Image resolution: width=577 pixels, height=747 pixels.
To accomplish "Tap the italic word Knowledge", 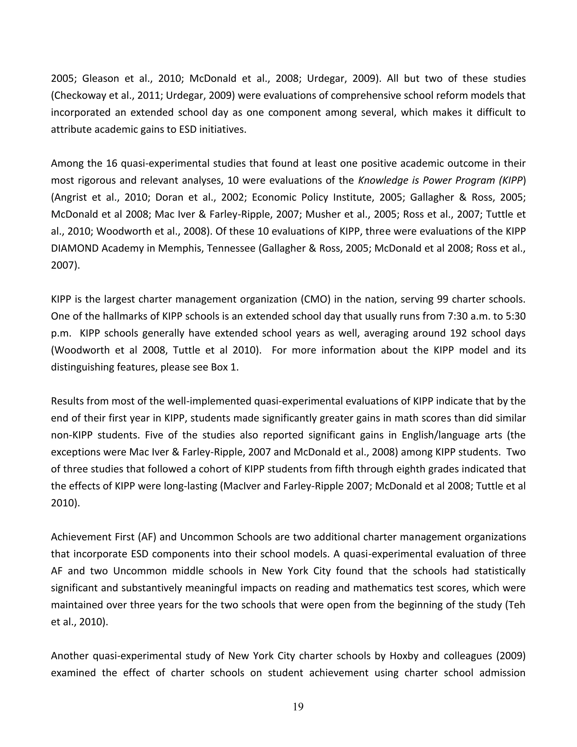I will [379, 180].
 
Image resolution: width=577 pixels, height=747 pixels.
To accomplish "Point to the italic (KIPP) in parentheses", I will [511, 180].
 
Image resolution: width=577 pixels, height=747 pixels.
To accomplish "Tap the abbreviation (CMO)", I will [316, 299].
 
